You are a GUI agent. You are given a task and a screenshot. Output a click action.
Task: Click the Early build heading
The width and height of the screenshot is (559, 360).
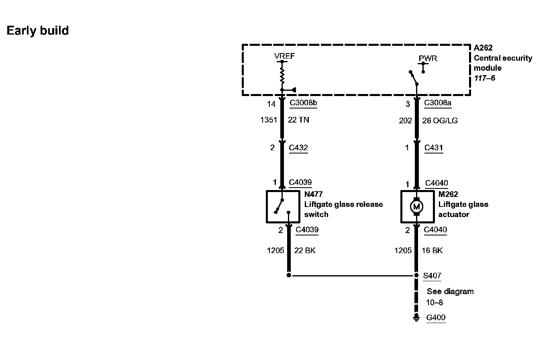pos(38,31)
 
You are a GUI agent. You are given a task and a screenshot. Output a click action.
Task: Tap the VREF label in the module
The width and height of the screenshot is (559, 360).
pos(284,56)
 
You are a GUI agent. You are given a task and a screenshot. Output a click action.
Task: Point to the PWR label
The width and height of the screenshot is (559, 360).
pos(428,58)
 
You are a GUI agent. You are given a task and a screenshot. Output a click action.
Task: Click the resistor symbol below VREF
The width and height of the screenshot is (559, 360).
pos(282,75)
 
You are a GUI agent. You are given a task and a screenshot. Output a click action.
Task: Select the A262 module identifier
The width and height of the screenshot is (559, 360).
pos(483,48)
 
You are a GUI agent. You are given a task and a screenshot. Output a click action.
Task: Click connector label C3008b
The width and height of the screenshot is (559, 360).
pos(303,103)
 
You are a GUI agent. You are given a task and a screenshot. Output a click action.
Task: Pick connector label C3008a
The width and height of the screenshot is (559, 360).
pos(438,103)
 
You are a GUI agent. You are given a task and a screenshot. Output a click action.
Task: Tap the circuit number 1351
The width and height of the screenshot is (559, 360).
pos(269,120)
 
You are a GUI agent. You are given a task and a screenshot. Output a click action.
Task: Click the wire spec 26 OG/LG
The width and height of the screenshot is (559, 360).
pos(440,121)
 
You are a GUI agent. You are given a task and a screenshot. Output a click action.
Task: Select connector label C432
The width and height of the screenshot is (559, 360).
pos(298,147)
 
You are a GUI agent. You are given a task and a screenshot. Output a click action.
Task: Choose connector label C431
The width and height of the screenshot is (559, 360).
pos(434,147)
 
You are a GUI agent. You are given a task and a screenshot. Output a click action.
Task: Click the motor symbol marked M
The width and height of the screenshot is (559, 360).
pos(416,207)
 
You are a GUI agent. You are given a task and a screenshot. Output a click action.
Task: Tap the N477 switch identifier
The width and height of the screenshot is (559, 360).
pos(313,194)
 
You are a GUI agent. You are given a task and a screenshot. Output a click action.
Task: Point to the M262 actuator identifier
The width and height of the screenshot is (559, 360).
pos(448,194)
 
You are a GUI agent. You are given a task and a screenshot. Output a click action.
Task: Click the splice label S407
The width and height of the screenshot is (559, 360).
pos(432,276)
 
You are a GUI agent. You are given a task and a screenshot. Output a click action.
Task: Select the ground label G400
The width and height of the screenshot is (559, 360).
pos(436,317)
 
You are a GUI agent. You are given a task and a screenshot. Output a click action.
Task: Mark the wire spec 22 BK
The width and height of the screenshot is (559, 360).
pos(305,250)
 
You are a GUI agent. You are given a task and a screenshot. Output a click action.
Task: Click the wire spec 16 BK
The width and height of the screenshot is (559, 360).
pos(432,250)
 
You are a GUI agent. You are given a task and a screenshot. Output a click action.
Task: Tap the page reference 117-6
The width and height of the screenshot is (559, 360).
pos(484,78)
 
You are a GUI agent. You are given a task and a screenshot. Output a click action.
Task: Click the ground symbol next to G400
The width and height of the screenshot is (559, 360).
pos(416,318)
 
